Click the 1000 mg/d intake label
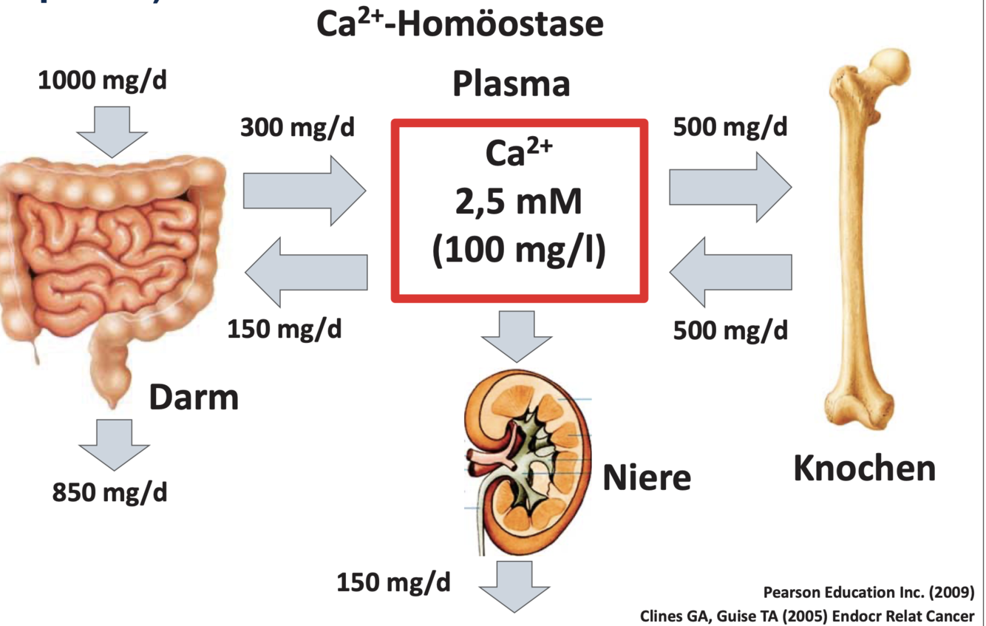point(102,81)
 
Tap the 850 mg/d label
point(109,491)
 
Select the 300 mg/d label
point(297,128)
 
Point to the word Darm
point(194,398)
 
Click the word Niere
point(647,477)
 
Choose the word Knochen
point(864,469)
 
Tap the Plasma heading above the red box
point(511,84)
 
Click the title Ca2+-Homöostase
point(460,24)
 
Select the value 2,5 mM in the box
point(519,201)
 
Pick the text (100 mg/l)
point(519,249)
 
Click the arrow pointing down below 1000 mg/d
point(112,132)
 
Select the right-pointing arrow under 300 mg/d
point(304,190)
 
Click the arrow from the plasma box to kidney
point(516,336)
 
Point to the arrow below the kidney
point(514,585)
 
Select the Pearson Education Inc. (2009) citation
point(868,593)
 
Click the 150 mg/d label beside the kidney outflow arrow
point(393,582)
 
